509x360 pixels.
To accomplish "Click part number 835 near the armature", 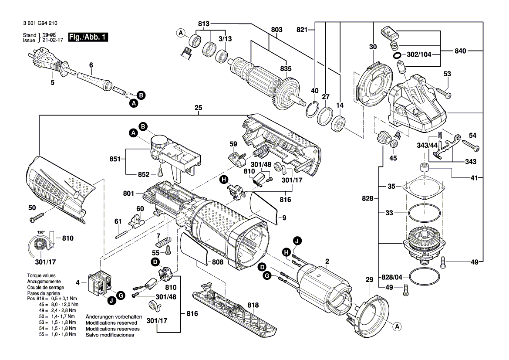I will tap(286, 68).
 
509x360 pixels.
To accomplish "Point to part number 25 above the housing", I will tap(199, 108).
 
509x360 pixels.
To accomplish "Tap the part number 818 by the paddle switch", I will tap(253, 305).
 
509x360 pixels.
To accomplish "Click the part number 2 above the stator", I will tap(327, 261).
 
